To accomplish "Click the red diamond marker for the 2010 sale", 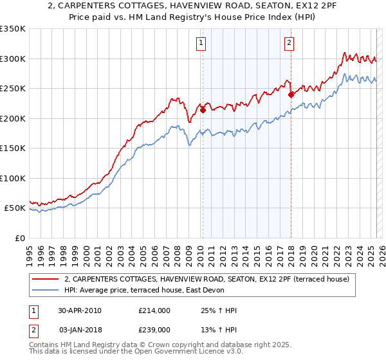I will coord(203,110).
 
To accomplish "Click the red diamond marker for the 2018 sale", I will coord(291,94).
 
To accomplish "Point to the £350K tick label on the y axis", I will coord(13,29).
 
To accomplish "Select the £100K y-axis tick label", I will coord(13,178).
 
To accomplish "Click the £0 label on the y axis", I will coord(19,238).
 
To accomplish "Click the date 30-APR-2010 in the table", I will coord(80,310).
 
